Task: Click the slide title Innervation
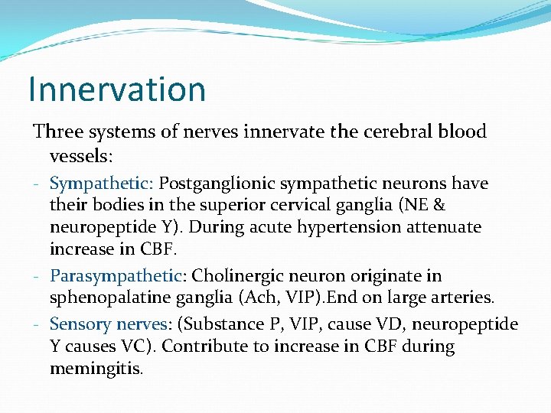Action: pos(117,89)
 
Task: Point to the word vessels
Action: pos(80,156)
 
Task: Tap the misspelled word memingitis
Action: pos(98,369)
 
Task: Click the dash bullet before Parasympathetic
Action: pos(38,276)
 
